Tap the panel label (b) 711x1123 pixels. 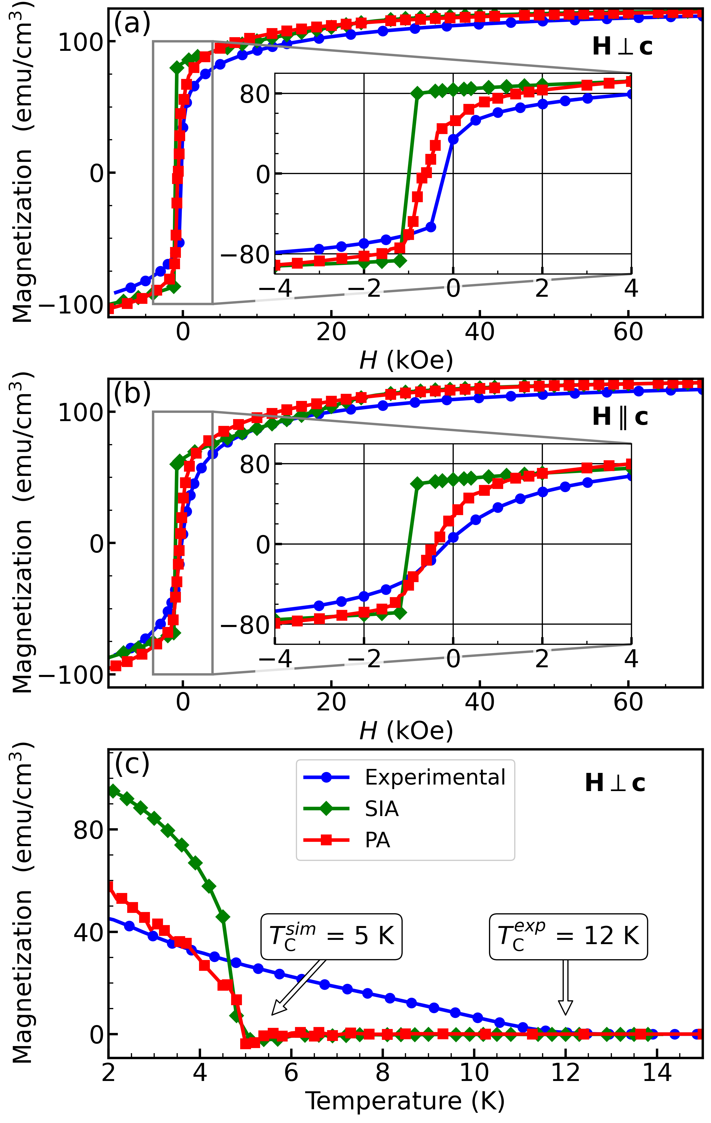[x=132, y=394]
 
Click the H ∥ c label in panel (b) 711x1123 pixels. [x=620, y=417]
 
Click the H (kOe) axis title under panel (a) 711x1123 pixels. [x=406, y=360]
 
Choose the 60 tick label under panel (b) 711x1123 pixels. [x=628, y=703]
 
